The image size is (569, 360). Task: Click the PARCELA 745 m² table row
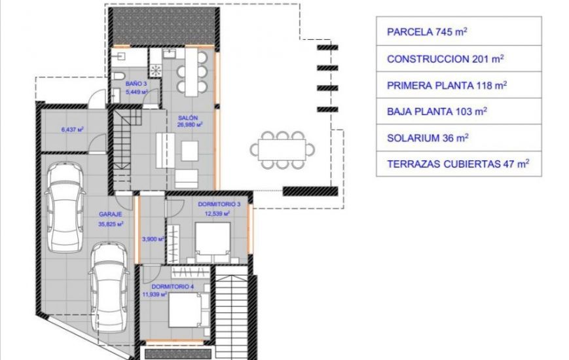pyautogui.click(x=458, y=31)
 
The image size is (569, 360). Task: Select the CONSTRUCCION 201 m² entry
pyautogui.click(x=458, y=58)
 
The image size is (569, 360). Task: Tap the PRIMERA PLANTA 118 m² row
pyautogui.click(x=458, y=85)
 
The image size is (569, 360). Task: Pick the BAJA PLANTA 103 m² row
pyautogui.click(x=458, y=111)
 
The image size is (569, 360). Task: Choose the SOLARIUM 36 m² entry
pyautogui.click(x=458, y=137)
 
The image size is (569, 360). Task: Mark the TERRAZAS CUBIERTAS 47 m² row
pyautogui.click(x=458, y=164)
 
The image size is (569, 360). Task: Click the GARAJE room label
pyautogui.click(x=110, y=214)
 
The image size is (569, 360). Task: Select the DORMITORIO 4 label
pyautogui.click(x=172, y=287)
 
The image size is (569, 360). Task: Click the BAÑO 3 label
pyautogui.click(x=137, y=84)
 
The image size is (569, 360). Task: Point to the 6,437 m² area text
pyautogui.click(x=72, y=130)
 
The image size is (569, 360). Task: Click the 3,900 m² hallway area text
pyautogui.click(x=152, y=239)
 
